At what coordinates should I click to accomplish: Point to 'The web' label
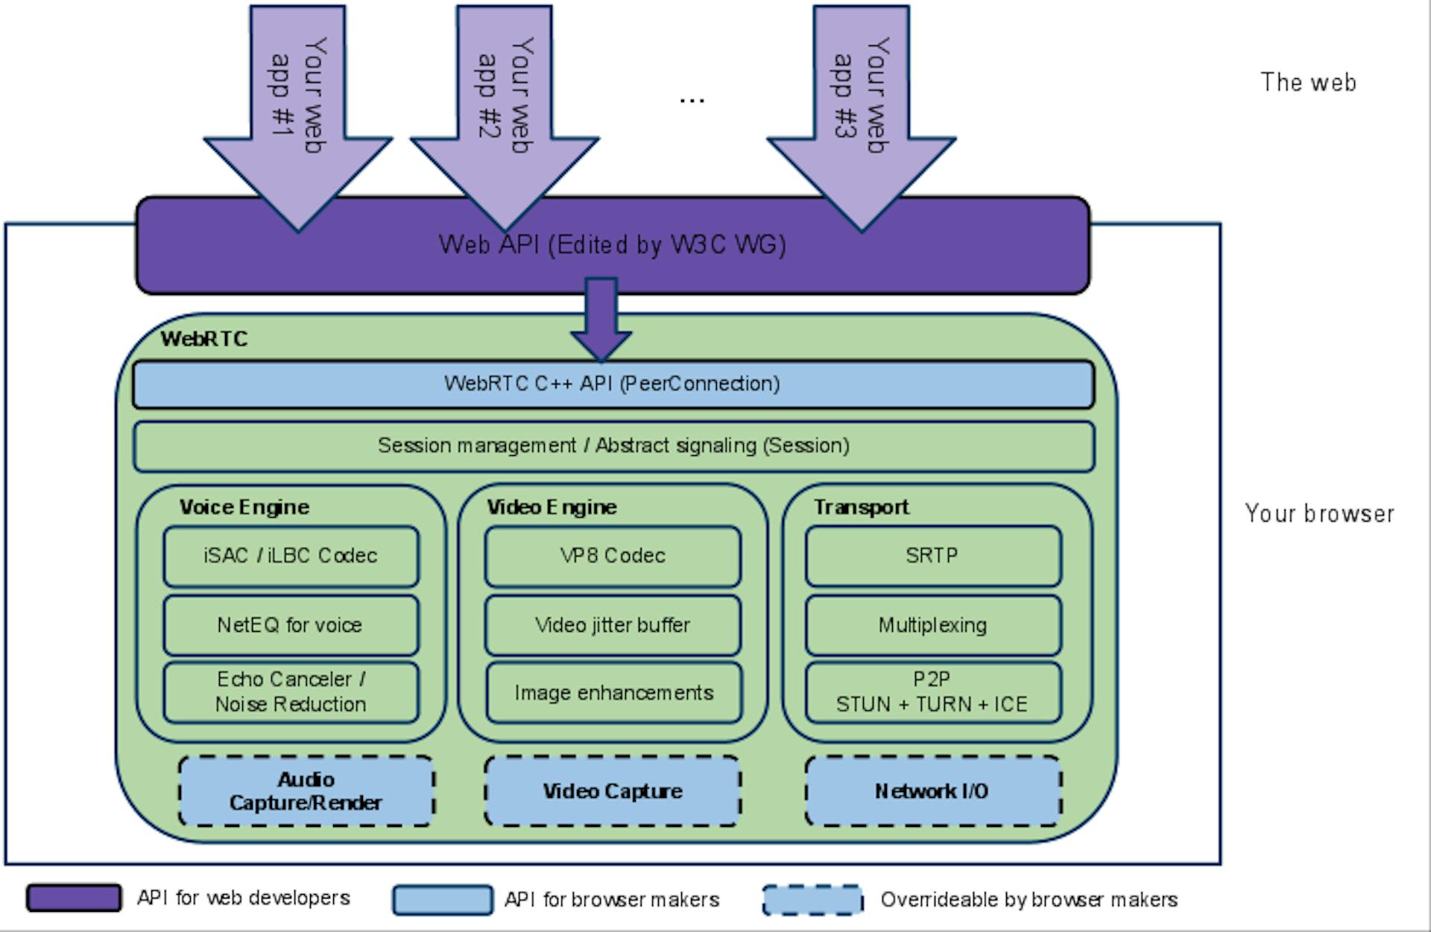[x=1308, y=82]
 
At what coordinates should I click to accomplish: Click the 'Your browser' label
[x=1319, y=513]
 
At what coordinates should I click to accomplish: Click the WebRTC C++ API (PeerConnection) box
[x=613, y=384]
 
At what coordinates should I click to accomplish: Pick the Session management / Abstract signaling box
[x=613, y=446]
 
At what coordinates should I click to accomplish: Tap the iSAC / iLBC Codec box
[x=291, y=556]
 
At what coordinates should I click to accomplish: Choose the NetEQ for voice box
[x=291, y=624]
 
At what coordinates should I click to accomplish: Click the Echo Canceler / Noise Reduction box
[x=291, y=692]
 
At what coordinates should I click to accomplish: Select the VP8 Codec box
[x=613, y=556]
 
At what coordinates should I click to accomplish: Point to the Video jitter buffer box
[x=613, y=624]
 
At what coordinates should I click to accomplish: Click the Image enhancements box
[x=613, y=693]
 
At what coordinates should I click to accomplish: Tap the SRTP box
[x=932, y=556]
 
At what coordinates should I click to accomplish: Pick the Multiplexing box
[x=932, y=624]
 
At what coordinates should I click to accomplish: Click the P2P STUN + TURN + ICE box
[x=932, y=692]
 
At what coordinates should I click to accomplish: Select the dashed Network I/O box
[x=932, y=791]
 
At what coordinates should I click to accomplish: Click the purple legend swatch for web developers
[x=74, y=898]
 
